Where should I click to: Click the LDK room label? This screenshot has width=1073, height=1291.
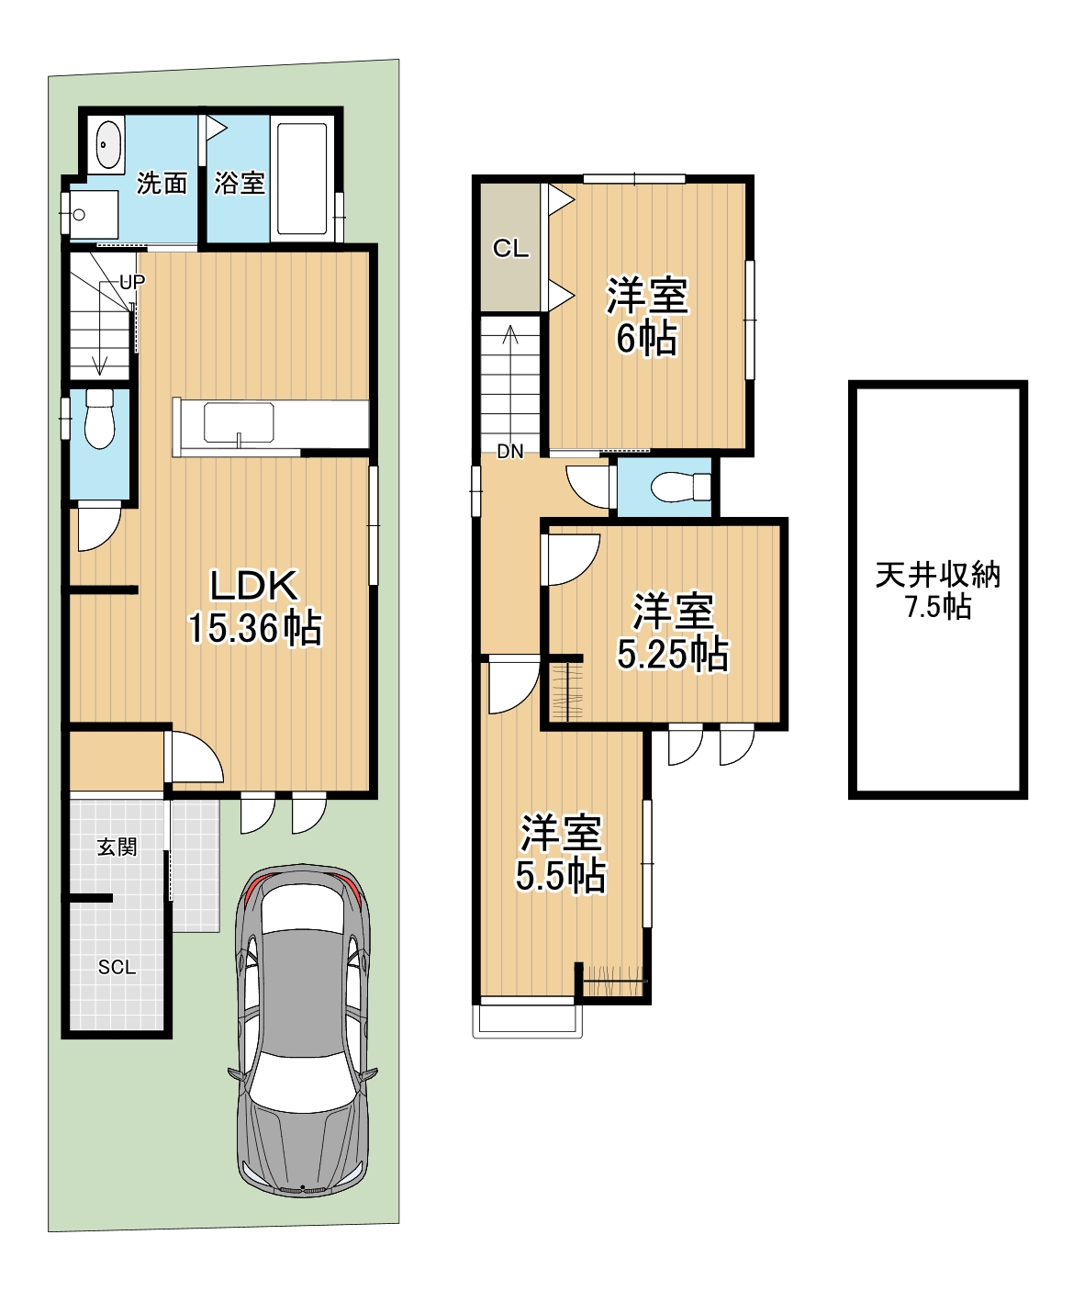pyautogui.click(x=254, y=585)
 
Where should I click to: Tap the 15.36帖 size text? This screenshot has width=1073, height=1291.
pyautogui.click(x=254, y=627)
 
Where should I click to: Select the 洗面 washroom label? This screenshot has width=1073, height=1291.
pyautogui.click(x=162, y=183)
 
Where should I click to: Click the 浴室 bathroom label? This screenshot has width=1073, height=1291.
pyautogui.click(x=240, y=183)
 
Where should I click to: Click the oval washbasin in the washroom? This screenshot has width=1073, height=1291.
pyautogui.click(x=109, y=143)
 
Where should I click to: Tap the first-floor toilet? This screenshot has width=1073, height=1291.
pyautogui.click(x=99, y=419)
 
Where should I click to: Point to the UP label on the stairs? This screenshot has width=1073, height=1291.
pyautogui.click(x=132, y=282)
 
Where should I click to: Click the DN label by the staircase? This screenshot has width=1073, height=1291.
pyautogui.click(x=510, y=452)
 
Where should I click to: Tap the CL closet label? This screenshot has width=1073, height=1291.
pyautogui.click(x=510, y=249)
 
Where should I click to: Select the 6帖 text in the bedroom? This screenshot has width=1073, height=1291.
pyautogui.click(x=646, y=338)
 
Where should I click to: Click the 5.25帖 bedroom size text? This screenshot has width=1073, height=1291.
pyautogui.click(x=673, y=654)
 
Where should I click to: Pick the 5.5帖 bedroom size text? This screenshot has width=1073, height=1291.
pyautogui.click(x=561, y=876)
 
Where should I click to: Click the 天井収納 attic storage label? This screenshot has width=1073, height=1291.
pyautogui.click(x=938, y=575)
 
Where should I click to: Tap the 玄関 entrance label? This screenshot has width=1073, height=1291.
pyautogui.click(x=117, y=848)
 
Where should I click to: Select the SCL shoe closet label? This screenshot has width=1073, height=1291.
pyautogui.click(x=117, y=967)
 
